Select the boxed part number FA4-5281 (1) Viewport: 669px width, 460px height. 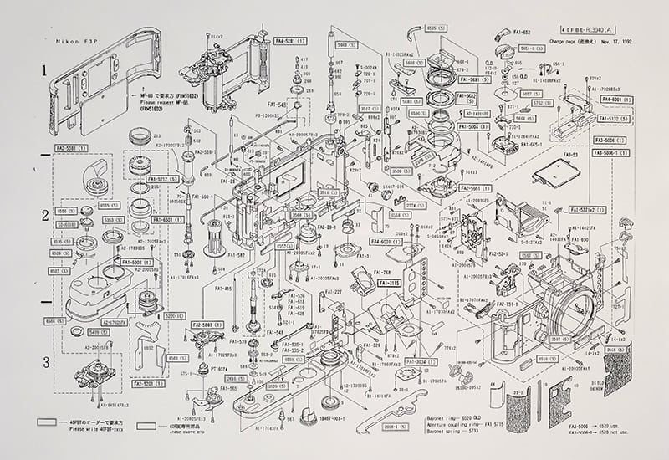coord(291,39)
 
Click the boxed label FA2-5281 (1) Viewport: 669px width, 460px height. coord(72,148)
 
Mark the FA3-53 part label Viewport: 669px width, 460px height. coord(571,154)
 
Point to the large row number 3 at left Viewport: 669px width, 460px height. coord(46,362)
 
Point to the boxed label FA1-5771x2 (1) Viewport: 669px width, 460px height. coord(588,209)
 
